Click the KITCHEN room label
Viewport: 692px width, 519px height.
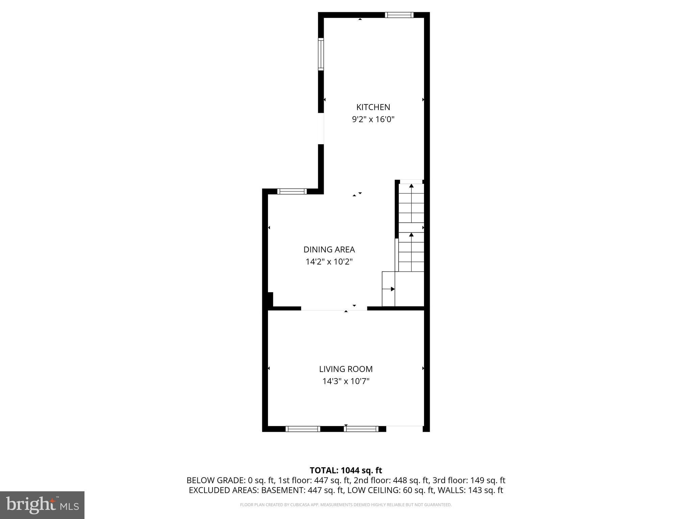(373, 107)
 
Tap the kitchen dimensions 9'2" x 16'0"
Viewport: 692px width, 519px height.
(373, 119)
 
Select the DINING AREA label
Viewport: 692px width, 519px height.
(329, 250)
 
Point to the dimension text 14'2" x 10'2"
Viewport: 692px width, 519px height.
(329, 262)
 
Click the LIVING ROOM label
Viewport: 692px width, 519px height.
(346, 369)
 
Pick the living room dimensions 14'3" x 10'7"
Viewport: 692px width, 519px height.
(346, 381)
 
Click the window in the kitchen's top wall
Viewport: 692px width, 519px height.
(399, 15)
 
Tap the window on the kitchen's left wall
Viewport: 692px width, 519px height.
(321, 54)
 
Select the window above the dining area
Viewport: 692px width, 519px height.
(292, 191)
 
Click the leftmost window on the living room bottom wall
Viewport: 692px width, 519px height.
(303, 429)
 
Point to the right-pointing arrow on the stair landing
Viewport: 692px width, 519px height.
(392, 289)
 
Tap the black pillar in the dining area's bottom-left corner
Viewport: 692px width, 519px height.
(270, 299)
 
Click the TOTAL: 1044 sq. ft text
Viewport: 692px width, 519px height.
(346, 470)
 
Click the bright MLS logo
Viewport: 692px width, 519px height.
(42, 505)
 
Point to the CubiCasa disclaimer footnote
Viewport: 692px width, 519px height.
(346, 505)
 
